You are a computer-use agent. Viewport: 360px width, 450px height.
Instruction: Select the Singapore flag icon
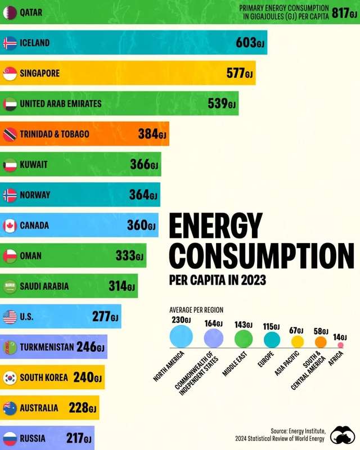[10, 73]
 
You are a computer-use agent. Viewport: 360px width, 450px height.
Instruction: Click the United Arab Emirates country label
[61, 103]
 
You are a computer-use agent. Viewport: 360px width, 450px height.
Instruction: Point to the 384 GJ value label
[152, 134]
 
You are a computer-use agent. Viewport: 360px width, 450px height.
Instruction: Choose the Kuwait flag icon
[10, 165]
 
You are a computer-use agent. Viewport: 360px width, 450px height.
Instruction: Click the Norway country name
[35, 195]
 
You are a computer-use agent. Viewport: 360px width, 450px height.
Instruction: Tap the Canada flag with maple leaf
[10, 226]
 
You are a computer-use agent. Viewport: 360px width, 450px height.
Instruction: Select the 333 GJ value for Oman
[130, 256]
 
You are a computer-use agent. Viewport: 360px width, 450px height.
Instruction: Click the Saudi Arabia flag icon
[10, 286]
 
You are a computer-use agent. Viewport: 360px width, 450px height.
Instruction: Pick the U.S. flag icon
[10, 317]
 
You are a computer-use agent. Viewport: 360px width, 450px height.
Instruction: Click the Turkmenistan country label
[47, 347]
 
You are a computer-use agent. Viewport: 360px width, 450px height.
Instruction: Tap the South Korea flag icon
[10, 377]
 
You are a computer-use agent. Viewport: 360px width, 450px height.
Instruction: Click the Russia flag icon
[10, 438]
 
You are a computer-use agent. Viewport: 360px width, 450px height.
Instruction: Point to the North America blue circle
[181, 337]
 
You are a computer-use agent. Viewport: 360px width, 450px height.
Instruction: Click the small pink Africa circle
[340, 345]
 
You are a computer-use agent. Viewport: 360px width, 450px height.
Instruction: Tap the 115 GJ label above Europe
[272, 326]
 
